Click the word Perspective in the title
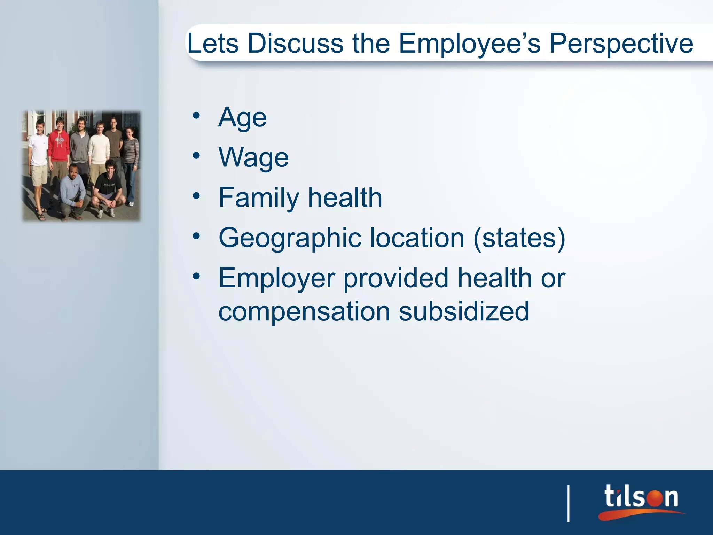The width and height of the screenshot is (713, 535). tap(621, 44)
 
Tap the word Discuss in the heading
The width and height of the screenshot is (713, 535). tap(296, 43)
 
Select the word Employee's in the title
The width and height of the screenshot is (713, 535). tap(469, 44)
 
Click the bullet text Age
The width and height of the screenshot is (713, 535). tap(242, 118)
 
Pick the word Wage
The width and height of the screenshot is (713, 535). tap(253, 157)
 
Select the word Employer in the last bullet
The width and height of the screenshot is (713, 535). tap(276, 278)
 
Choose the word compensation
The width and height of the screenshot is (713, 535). tap(304, 312)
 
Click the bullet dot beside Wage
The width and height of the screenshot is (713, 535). tap(196, 156)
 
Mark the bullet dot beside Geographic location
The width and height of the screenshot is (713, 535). tap(196, 236)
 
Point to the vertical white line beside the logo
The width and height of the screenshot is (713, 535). tap(569, 503)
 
